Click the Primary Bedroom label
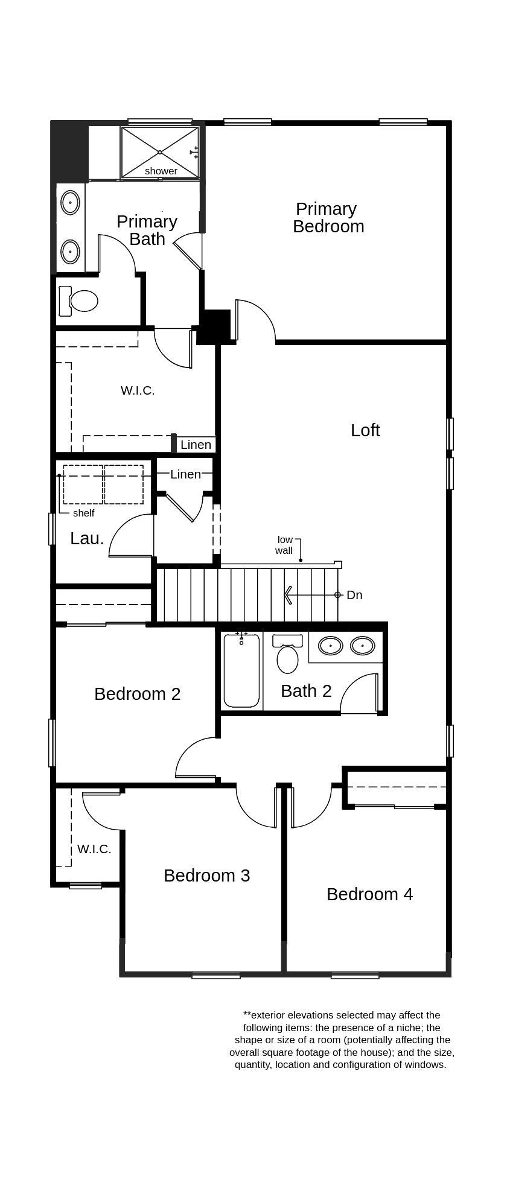[328, 218]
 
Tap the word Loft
[365, 430]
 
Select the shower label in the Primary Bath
[161, 171]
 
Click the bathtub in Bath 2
[241, 671]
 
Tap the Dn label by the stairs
[354, 595]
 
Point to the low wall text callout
[284, 545]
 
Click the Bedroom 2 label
[137, 694]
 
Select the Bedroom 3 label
[206, 875]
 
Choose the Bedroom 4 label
[369, 894]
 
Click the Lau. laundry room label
[87, 539]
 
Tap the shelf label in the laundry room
[83, 513]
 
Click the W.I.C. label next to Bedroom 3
[94, 849]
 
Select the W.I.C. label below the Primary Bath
[138, 390]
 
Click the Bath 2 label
[306, 691]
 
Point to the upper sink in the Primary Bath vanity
[71, 203]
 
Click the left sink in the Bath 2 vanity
[331, 646]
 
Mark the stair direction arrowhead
[289, 595]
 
